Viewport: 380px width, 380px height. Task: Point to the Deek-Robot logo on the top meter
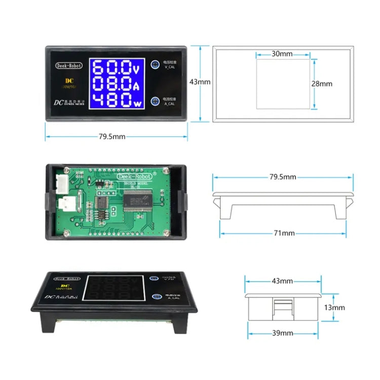pos(67,65)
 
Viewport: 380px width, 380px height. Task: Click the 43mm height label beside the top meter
pos(200,82)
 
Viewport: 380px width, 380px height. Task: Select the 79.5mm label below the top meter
pos(112,137)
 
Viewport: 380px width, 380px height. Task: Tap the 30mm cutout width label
pos(282,53)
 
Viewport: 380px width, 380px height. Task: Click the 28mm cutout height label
pos(322,84)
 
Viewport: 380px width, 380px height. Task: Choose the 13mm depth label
pos(335,308)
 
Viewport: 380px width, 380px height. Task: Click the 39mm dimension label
pos(283,333)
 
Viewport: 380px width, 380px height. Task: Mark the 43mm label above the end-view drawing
pos(282,281)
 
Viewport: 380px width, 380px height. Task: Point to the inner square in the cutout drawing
pos(282,84)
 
